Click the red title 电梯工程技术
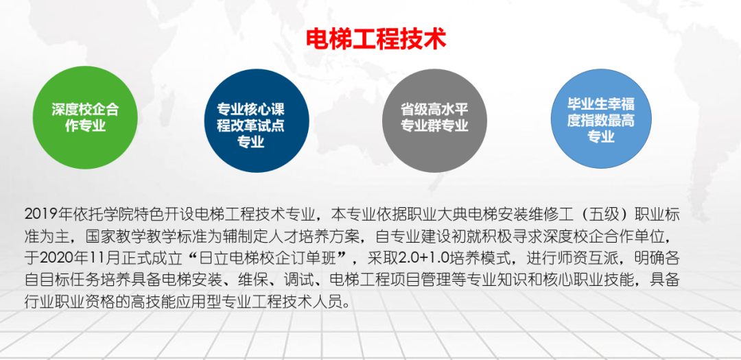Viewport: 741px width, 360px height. point(375,38)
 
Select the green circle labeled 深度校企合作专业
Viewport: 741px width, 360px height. point(85,117)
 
